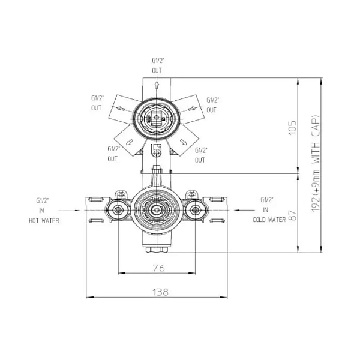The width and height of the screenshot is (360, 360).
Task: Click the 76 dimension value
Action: point(158,268)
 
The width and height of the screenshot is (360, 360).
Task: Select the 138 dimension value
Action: point(160,292)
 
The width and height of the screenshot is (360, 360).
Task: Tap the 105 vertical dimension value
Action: point(293,128)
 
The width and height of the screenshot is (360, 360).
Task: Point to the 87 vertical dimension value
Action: point(293,215)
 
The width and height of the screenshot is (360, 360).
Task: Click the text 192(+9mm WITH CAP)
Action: point(316,164)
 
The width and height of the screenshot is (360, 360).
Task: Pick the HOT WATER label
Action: point(44,221)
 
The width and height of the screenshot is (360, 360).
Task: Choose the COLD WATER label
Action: point(269,220)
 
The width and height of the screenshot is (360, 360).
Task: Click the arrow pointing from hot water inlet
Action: point(70,211)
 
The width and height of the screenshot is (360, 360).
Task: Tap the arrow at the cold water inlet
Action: point(244,210)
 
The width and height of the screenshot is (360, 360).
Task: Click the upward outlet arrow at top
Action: point(157,85)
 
